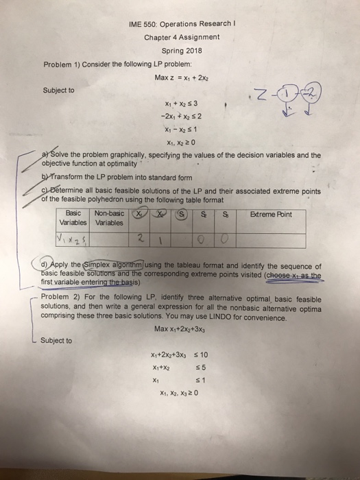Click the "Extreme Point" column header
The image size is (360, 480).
coord(271,215)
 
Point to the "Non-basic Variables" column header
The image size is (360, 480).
coord(106,219)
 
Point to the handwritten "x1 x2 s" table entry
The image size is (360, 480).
coord(73,239)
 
